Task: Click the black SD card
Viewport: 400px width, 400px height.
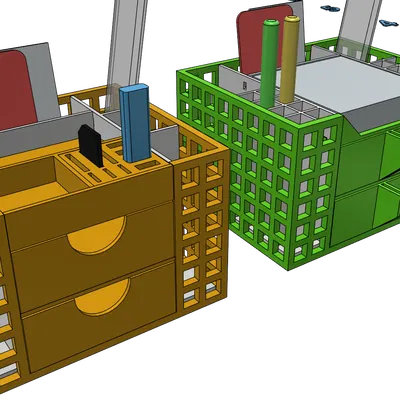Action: pos(89,144)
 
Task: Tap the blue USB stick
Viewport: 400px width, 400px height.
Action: pos(134,124)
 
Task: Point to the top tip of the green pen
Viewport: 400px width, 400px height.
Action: pos(271,27)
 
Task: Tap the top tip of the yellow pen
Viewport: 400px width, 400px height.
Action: pos(291,19)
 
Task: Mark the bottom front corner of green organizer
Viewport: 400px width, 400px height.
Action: pos(289,267)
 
